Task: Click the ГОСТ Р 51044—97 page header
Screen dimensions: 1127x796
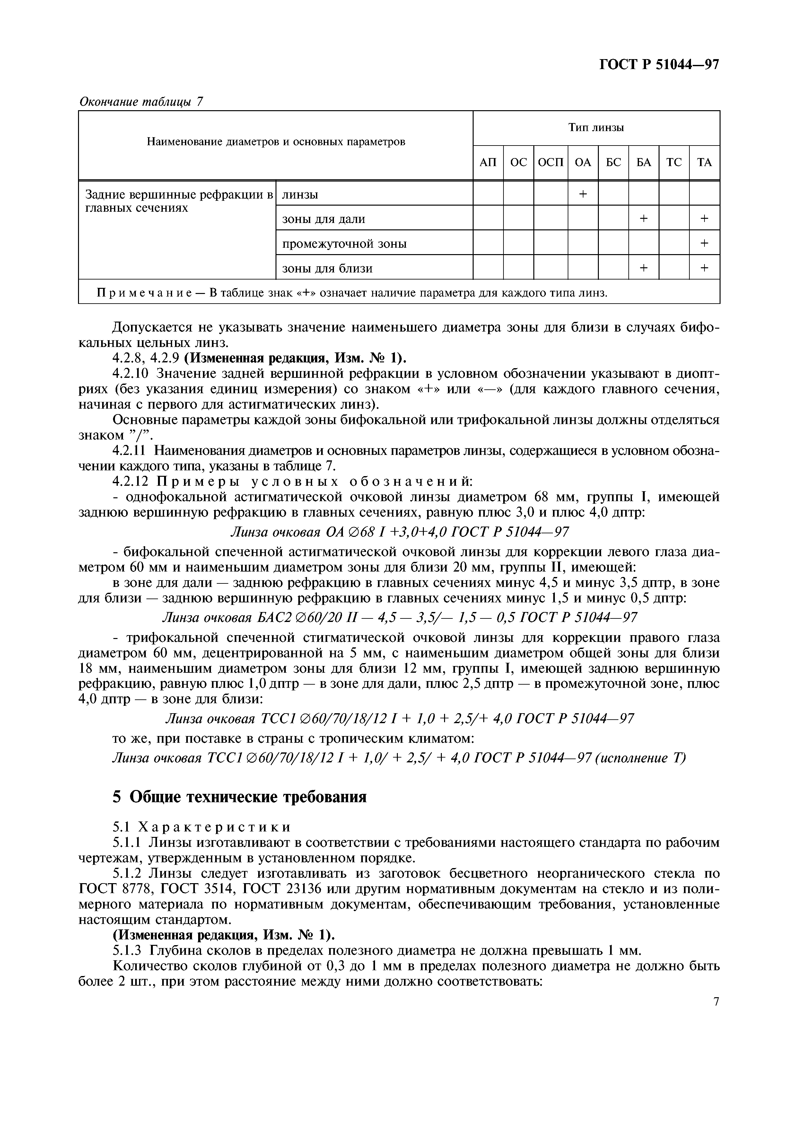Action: [x=659, y=65]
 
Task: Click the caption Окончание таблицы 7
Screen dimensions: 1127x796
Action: [x=141, y=102]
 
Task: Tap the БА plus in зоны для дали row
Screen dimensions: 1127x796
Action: [x=643, y=218]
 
